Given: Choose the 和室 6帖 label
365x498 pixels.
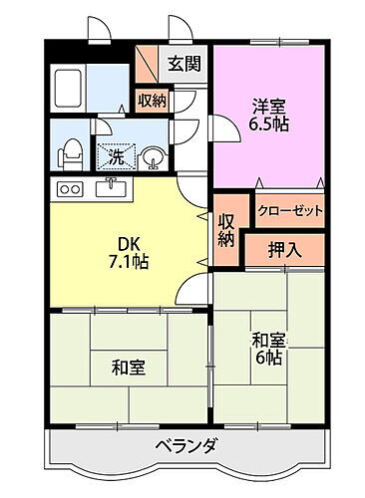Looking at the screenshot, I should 266,352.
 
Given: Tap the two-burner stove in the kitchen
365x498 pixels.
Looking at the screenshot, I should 71,188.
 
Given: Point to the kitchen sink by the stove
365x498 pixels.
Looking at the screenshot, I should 110,187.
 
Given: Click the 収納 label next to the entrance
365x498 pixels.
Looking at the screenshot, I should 153,100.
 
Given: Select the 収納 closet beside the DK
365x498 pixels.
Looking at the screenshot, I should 225,230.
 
